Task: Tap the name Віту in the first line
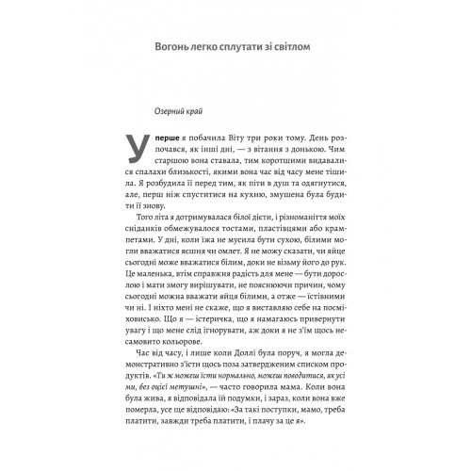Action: (235, 138)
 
